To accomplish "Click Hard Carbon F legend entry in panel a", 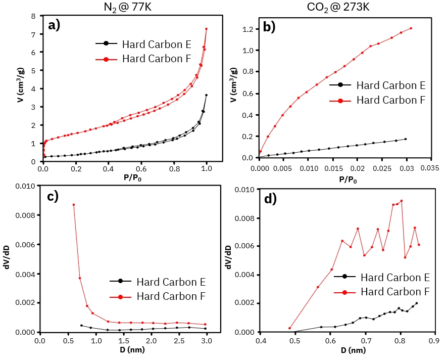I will [x=156, y=59].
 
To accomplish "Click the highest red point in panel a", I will [x=206, y=29].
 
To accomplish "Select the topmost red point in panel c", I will [x=74, y=205].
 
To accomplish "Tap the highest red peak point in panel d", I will [x=402, y=201].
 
